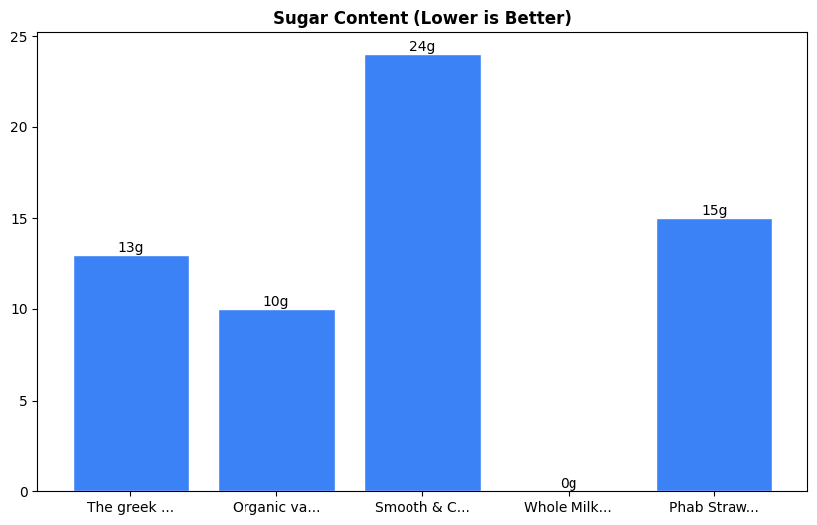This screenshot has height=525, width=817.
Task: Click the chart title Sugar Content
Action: tap(421, 18)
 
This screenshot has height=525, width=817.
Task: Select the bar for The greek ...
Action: tap(131, 373)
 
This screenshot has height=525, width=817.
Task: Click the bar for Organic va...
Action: tap(276, 401)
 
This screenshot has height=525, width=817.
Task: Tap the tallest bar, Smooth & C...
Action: tap(422, 272)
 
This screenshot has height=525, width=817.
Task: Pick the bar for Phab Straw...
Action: tap(714, 355)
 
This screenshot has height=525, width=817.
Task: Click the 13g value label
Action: tap(131, 248)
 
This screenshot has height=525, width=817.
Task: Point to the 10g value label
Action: tap(276, 302)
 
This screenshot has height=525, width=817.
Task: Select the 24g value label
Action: tap(422, 47)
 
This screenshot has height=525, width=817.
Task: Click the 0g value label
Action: tap(569, 484)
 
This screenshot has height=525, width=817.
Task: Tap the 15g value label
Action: tap(714, 211)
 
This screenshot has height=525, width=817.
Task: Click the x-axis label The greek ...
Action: tap(131, 508)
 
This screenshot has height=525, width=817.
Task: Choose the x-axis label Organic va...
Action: tap(276, 508)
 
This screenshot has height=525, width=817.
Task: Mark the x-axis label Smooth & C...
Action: tap(422, 508)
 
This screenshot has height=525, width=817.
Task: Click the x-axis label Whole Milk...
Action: tap(569, 508)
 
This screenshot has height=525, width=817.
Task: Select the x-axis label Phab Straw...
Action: tap(714, 508)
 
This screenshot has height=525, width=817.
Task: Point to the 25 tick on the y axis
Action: tap(21, 37)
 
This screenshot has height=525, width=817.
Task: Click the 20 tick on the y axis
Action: tap(21, 127)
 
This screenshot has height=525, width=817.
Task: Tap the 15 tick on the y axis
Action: tap(21, 219)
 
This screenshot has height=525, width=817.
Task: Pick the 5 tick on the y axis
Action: tap(25, 401)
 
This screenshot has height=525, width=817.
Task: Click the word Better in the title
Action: tap(541, 18)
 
